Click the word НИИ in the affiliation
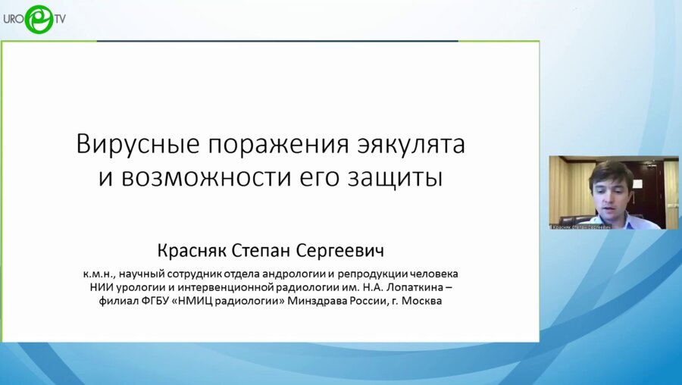point(102,286)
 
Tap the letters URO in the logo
point(14,18)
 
